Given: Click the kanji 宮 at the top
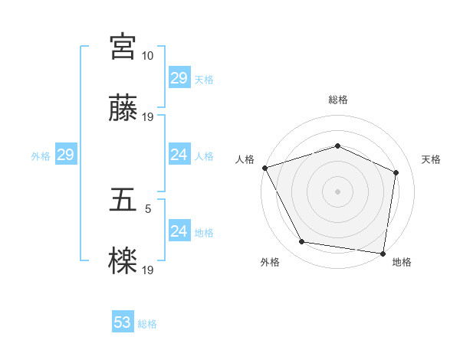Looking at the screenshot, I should tap(123, 47).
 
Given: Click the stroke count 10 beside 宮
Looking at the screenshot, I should tap(148, 56).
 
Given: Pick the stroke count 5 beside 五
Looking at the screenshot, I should tap(148, 208).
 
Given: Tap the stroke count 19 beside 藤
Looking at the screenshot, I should tap(148, 117).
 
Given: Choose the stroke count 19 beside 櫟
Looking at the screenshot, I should tap(148, 270).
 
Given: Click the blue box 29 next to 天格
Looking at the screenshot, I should tap(179, 78).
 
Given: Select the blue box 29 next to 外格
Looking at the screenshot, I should tap(65, 155).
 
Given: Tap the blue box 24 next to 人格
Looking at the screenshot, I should tap(179, 155).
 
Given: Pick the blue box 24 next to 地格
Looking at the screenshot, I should tap(179, 231).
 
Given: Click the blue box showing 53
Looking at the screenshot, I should tap(123, 322).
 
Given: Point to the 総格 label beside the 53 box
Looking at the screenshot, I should tap(148, 324).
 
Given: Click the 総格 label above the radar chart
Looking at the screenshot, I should tap(338, 100).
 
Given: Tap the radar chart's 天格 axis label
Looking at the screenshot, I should tap(432, 159).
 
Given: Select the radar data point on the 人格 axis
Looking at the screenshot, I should tap(264, 168).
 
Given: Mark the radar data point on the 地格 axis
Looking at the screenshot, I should tap(383, 253).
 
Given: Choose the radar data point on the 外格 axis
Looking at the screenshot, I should tap(302, 242).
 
